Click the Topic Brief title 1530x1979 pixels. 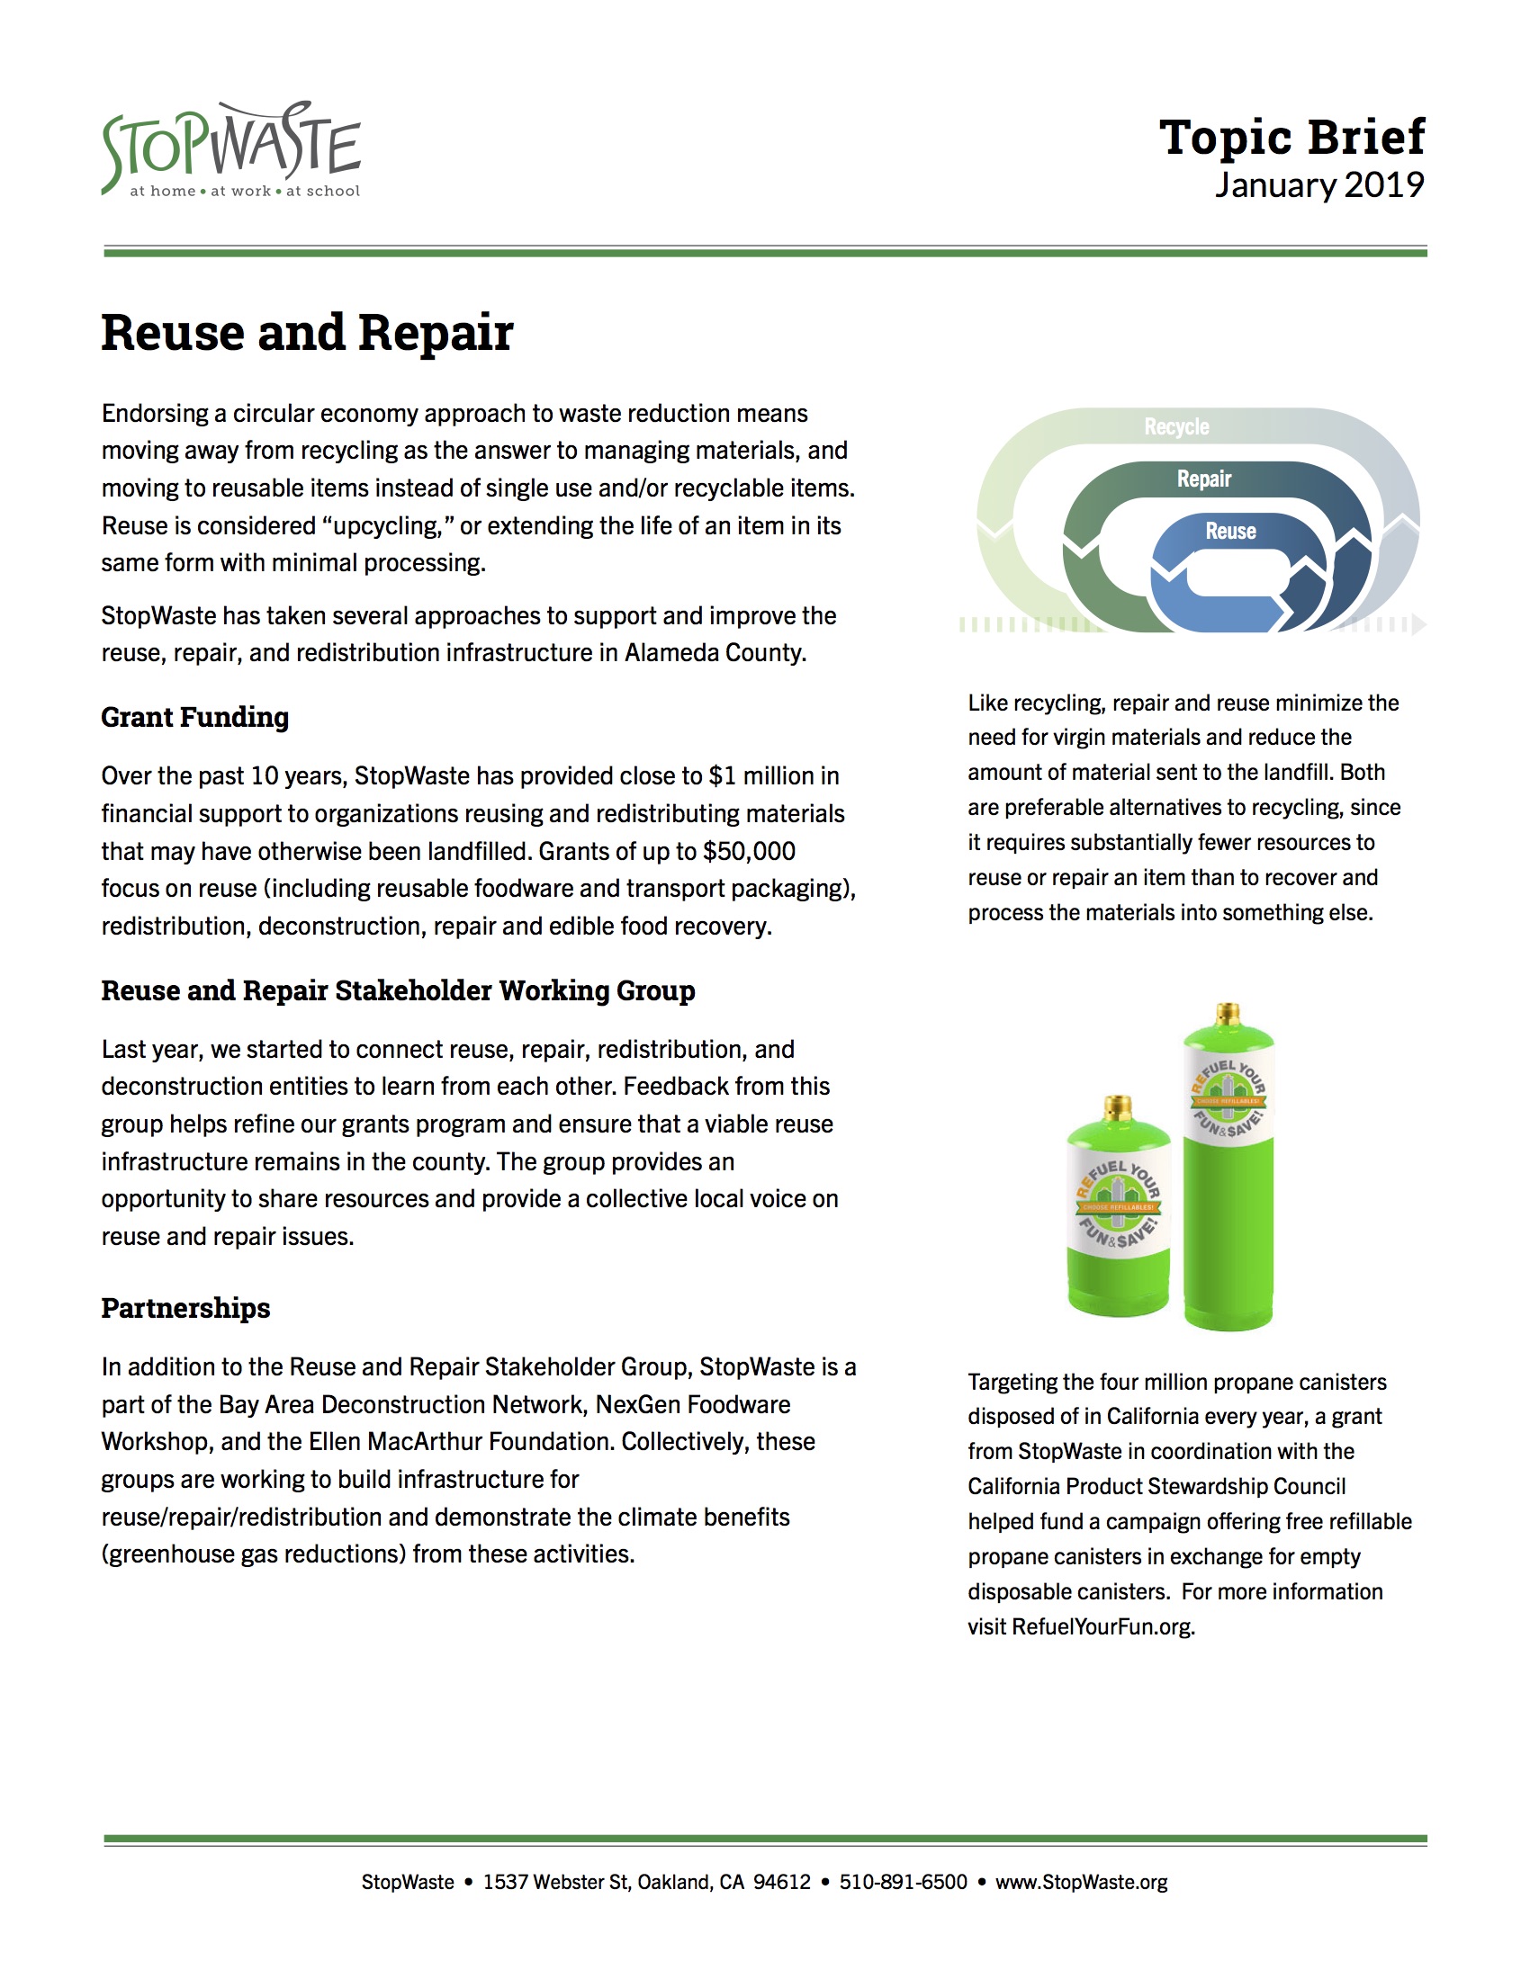click(1291, 137)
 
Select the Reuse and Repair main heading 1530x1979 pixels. click(307, 333)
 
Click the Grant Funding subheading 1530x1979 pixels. click(195, 717)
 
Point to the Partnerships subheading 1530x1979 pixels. click(185, 1308)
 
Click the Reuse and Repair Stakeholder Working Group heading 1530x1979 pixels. click(398, 990)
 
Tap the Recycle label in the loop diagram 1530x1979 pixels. click(1175, 426)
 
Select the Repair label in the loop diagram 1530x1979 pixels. click(1203, 479)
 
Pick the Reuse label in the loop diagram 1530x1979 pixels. click(1230, 531)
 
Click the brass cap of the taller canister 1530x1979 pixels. click(1228, 1014)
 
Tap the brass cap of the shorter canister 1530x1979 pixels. click(1118, 1107)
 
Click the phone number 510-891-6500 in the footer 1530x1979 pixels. click(903, 1882)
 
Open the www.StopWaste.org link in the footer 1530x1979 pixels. click(1080, 1882)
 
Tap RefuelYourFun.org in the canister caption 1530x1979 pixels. click(1102, 1626)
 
